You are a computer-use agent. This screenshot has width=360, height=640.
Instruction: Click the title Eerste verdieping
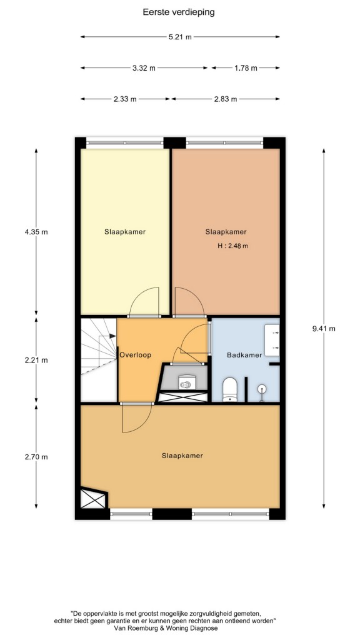[x=178, y=12]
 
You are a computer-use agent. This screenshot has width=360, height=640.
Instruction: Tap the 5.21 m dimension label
[x=180, y=37]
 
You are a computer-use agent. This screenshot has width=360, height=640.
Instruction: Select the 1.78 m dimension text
[x=246, y=68]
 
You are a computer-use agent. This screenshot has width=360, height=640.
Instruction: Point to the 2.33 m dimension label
[x=125, y=99]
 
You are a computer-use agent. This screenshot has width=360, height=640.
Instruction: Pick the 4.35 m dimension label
[x=36, y=232]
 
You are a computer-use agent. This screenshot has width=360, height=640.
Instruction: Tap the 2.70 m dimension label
[x=36, y=457]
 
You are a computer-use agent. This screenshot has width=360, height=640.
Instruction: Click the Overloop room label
[x=135, y=355]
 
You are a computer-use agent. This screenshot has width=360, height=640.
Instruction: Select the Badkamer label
[x=244, y=355]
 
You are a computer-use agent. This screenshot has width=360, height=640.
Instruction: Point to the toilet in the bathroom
[x=230, y=389]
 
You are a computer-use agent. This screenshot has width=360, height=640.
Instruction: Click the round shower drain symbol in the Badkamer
[x=261, y=390]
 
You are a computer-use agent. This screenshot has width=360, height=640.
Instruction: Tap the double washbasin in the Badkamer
[x=272, y=339]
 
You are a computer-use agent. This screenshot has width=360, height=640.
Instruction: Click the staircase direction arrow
[x=107, y=336]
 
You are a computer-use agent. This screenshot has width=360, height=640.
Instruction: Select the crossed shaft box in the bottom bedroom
[x=94, y=498]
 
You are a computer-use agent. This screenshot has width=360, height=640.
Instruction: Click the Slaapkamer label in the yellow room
[x=125, y=232]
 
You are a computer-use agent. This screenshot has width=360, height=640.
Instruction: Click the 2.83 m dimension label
[x=225, y=99]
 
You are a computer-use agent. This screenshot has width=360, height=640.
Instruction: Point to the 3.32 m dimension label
[x=144, y=68]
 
